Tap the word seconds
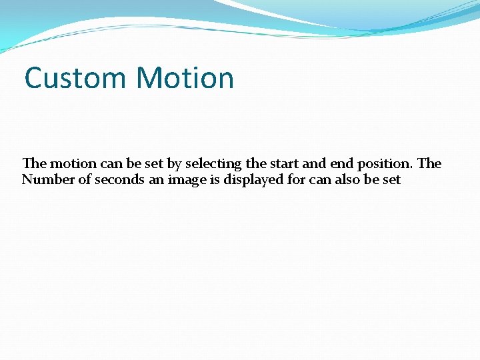119,179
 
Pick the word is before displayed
213,179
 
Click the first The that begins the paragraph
34,163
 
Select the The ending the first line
429,163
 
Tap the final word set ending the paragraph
391,179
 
